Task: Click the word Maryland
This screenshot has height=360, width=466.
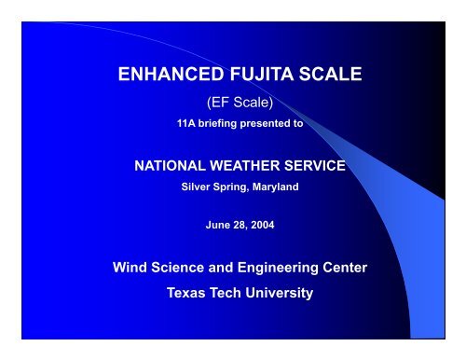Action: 274,186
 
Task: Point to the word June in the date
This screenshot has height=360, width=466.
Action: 216,224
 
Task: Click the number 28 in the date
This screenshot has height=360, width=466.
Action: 238,224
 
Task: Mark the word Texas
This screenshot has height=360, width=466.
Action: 186,292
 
